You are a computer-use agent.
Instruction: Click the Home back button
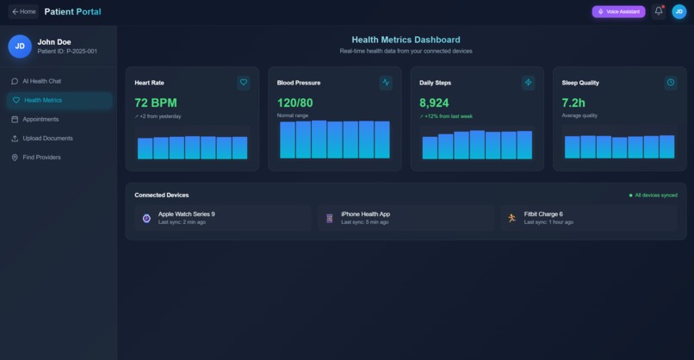(x=24, y=12)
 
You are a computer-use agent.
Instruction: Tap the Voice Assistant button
(x=618, y=12)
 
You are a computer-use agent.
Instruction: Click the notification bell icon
(x=659, y=11)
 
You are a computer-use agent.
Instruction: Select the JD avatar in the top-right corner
(x=679, y=12)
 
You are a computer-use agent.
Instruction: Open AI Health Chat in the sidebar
(x=41, y=81)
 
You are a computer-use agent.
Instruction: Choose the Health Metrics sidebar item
(x=42, y=100)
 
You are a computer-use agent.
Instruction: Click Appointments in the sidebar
(x=40, y=119)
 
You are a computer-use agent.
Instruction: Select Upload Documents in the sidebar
(x=47, y=138)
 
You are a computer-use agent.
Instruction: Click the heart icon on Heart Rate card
(x=244, y=83)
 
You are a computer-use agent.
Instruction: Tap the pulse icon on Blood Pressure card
(x=386, y=83)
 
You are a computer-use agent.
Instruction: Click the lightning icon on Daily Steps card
(x=529, y=83)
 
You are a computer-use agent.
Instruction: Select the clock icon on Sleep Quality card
(x=671, y=83)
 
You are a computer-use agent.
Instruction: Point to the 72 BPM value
(x=155, y=102)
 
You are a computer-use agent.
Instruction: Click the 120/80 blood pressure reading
(x=295, y=102)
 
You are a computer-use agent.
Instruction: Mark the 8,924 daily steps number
(x=434, y=102)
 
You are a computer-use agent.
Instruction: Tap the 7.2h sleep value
(x=573, y=102)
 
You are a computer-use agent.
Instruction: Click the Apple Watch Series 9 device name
(x=186, y=214)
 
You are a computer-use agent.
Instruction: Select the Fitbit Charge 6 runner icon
(x=512, y=219)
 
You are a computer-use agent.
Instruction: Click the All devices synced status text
(x=656, y=196)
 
